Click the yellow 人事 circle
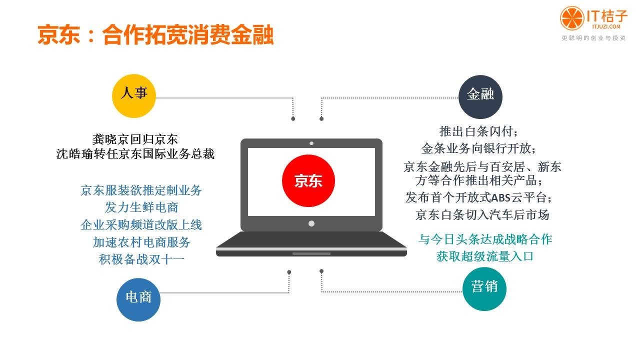coord(133,96)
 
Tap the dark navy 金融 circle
coord(480,97)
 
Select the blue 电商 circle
coord(138,299)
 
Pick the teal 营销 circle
coord(484,289)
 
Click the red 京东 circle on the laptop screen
coord(308,180)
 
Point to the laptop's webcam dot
coord(311,143)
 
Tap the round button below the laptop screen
coord(311,223)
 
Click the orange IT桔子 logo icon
coord(572,18)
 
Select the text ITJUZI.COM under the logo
coord(606,26)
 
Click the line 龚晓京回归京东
coord(135,139)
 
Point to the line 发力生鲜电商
coord(141,207)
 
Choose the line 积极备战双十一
coord(141,259)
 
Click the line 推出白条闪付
coord(479,131)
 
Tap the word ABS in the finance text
coord(500,197)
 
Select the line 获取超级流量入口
coord(485,256)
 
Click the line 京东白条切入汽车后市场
coord(482,215)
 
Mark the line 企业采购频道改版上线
coord(141,225)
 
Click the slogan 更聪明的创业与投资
coord(593,38)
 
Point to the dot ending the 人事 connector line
coord(293,118)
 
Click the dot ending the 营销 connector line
coord(321,271)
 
